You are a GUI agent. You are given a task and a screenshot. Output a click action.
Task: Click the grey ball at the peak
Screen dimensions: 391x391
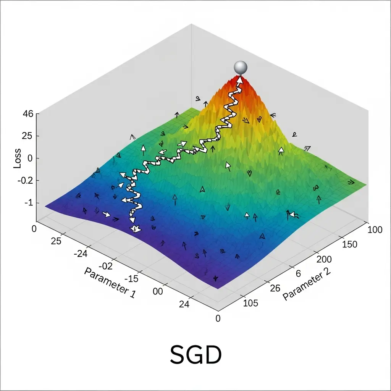point(241,67)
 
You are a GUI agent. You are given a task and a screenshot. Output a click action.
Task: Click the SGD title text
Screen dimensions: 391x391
point(195,355)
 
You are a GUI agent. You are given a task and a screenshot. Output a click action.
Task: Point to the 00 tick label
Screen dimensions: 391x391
point(157,291)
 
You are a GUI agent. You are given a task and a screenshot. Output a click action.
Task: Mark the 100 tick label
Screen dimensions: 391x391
point(374,229)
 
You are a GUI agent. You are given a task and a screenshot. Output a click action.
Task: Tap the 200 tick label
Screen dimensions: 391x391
point(325,259)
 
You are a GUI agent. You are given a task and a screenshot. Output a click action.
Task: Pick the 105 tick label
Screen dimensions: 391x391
point(251,304)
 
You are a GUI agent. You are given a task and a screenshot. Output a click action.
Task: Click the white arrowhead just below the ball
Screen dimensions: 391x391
point(240,80)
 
